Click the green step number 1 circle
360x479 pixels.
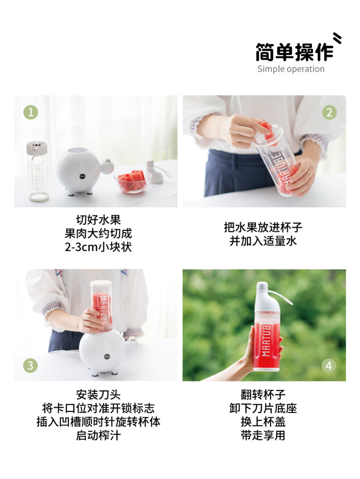pos(31,112)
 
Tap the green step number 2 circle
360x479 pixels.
pos(330,112)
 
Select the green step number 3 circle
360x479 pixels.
pos(30,365)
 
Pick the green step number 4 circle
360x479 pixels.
pos(329,365)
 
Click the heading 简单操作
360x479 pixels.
pos(294,52)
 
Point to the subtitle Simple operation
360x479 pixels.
pos(291,69)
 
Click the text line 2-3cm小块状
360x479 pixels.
pos(98,247)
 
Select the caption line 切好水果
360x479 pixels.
pos(98,220)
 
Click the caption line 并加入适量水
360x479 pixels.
pos(263,241)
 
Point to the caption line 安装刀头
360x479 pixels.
pos(98,394)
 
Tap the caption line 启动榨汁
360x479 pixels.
pos(98,435)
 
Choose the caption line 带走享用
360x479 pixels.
pos(263,435)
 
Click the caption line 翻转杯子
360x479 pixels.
pos(263,394)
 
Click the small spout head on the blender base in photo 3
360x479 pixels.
pos(132,340)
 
